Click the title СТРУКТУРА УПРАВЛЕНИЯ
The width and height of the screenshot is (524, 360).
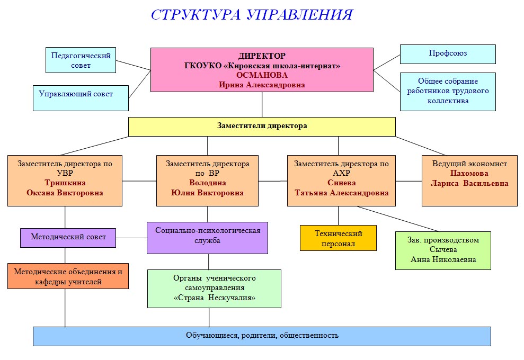point(252,15)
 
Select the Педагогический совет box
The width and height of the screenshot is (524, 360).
point(81,60)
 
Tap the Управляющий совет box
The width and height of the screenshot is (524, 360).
point(81,98)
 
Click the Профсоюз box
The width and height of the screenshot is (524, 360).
point(448,54)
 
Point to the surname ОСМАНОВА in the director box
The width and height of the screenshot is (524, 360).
point(262,75)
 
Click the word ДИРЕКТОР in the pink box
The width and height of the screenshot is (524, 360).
point(262,56)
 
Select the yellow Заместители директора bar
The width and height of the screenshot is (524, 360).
point(262,127)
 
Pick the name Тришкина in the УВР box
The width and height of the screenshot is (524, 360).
point(65,183)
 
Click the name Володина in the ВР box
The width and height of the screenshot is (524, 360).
point(208,183)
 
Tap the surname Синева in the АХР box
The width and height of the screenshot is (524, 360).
point(342,183)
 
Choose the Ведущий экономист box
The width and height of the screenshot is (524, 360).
point(469,181)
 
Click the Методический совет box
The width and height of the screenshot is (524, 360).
point(68,238)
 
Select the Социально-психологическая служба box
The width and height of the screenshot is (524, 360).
point(208,238)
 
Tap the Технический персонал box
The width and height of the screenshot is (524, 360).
point(338,238)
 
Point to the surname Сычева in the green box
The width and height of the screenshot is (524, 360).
point(443,249)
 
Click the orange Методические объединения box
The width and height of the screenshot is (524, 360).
point(68,276)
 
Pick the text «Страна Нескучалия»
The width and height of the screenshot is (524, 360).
point(215,298)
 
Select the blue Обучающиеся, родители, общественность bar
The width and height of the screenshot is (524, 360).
point(262,336)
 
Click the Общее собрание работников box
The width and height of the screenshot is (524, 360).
point(448,92)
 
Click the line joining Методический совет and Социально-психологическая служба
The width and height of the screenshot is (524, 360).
point(132,238)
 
